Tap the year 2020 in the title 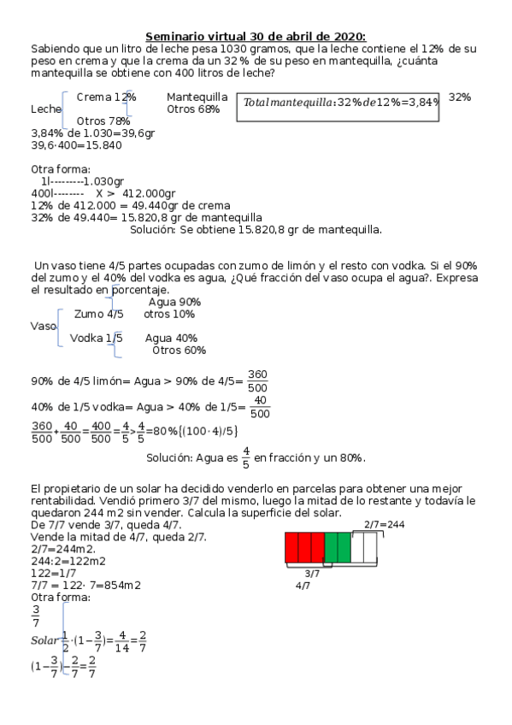349,36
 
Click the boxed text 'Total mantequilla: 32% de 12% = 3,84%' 341,103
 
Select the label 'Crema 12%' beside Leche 106,97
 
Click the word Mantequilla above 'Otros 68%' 197,97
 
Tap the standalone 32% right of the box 460,97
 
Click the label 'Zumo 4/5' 98,315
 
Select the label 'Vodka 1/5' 96,338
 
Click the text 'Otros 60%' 179,350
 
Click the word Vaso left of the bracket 43,327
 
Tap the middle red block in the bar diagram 303,548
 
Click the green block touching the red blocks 331,548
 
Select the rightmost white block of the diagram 369,548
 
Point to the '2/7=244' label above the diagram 384,524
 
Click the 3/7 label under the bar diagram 312,575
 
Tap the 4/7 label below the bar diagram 303,586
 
